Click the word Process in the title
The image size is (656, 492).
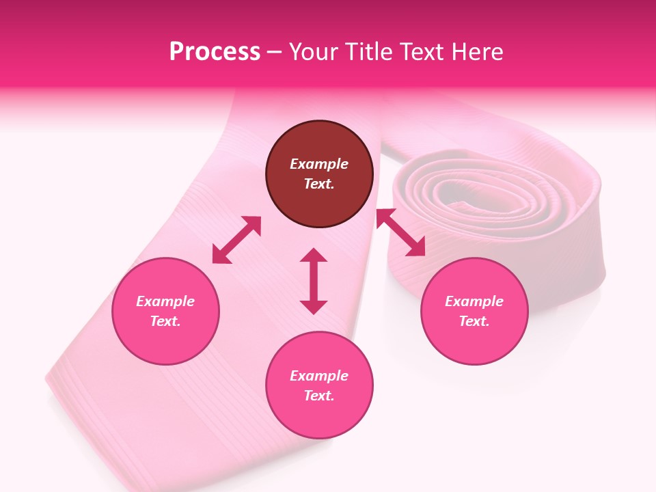[215, 52]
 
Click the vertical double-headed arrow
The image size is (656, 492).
[314, 281]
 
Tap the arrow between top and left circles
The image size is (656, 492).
[236, 240]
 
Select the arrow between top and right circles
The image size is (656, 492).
[401, 233]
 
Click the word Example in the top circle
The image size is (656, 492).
[319, 164]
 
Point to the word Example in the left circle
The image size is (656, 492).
[165, 301]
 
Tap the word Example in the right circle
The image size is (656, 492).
[474, 301]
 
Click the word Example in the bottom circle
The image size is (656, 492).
[319, 376]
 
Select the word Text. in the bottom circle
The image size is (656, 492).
[319, 396]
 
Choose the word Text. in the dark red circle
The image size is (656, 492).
[319, 184]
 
